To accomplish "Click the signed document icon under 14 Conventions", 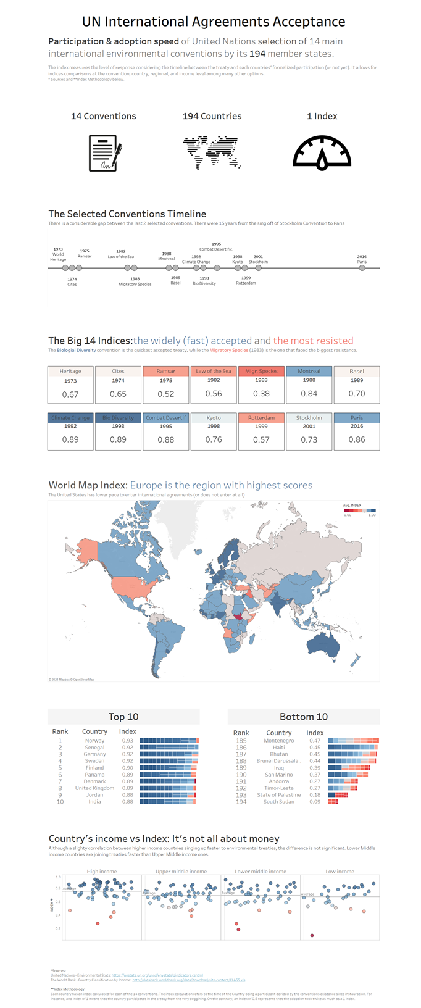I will pyautogui.click(x=105, y=153).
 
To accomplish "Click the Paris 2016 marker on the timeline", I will pyautogui.click(x=362, y=268).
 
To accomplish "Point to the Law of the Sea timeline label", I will pyautogui.click(x=121, y=254).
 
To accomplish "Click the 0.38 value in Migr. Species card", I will pyautogui.click(x=261, y=394).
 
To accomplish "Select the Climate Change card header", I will pyautogui.click(x=70, y=418).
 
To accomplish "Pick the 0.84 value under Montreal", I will pyautogui.click(x=309, y=394).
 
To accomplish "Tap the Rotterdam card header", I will pyautogui.click(x=261, y=418).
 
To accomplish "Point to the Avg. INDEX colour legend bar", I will pyautogui.click(x=359, y=510).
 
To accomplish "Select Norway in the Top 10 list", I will pyautogui.click(x=94, y=741).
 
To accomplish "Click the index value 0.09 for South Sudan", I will pyautogui.click(x=315, y=802).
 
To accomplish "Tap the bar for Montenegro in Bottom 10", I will pyautogui.click(x=352, y=741).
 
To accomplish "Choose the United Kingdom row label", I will pyautogui.click(x=94, y=788).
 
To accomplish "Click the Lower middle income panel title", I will pyautogui.click(x=261, y=872).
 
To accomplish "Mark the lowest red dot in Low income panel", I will pyautogui.click(x=312, y=935).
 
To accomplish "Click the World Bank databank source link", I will pyautogui.click(x=188, y=980).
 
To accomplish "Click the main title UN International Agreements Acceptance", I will pyautogui.click(x=214, y=22).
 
